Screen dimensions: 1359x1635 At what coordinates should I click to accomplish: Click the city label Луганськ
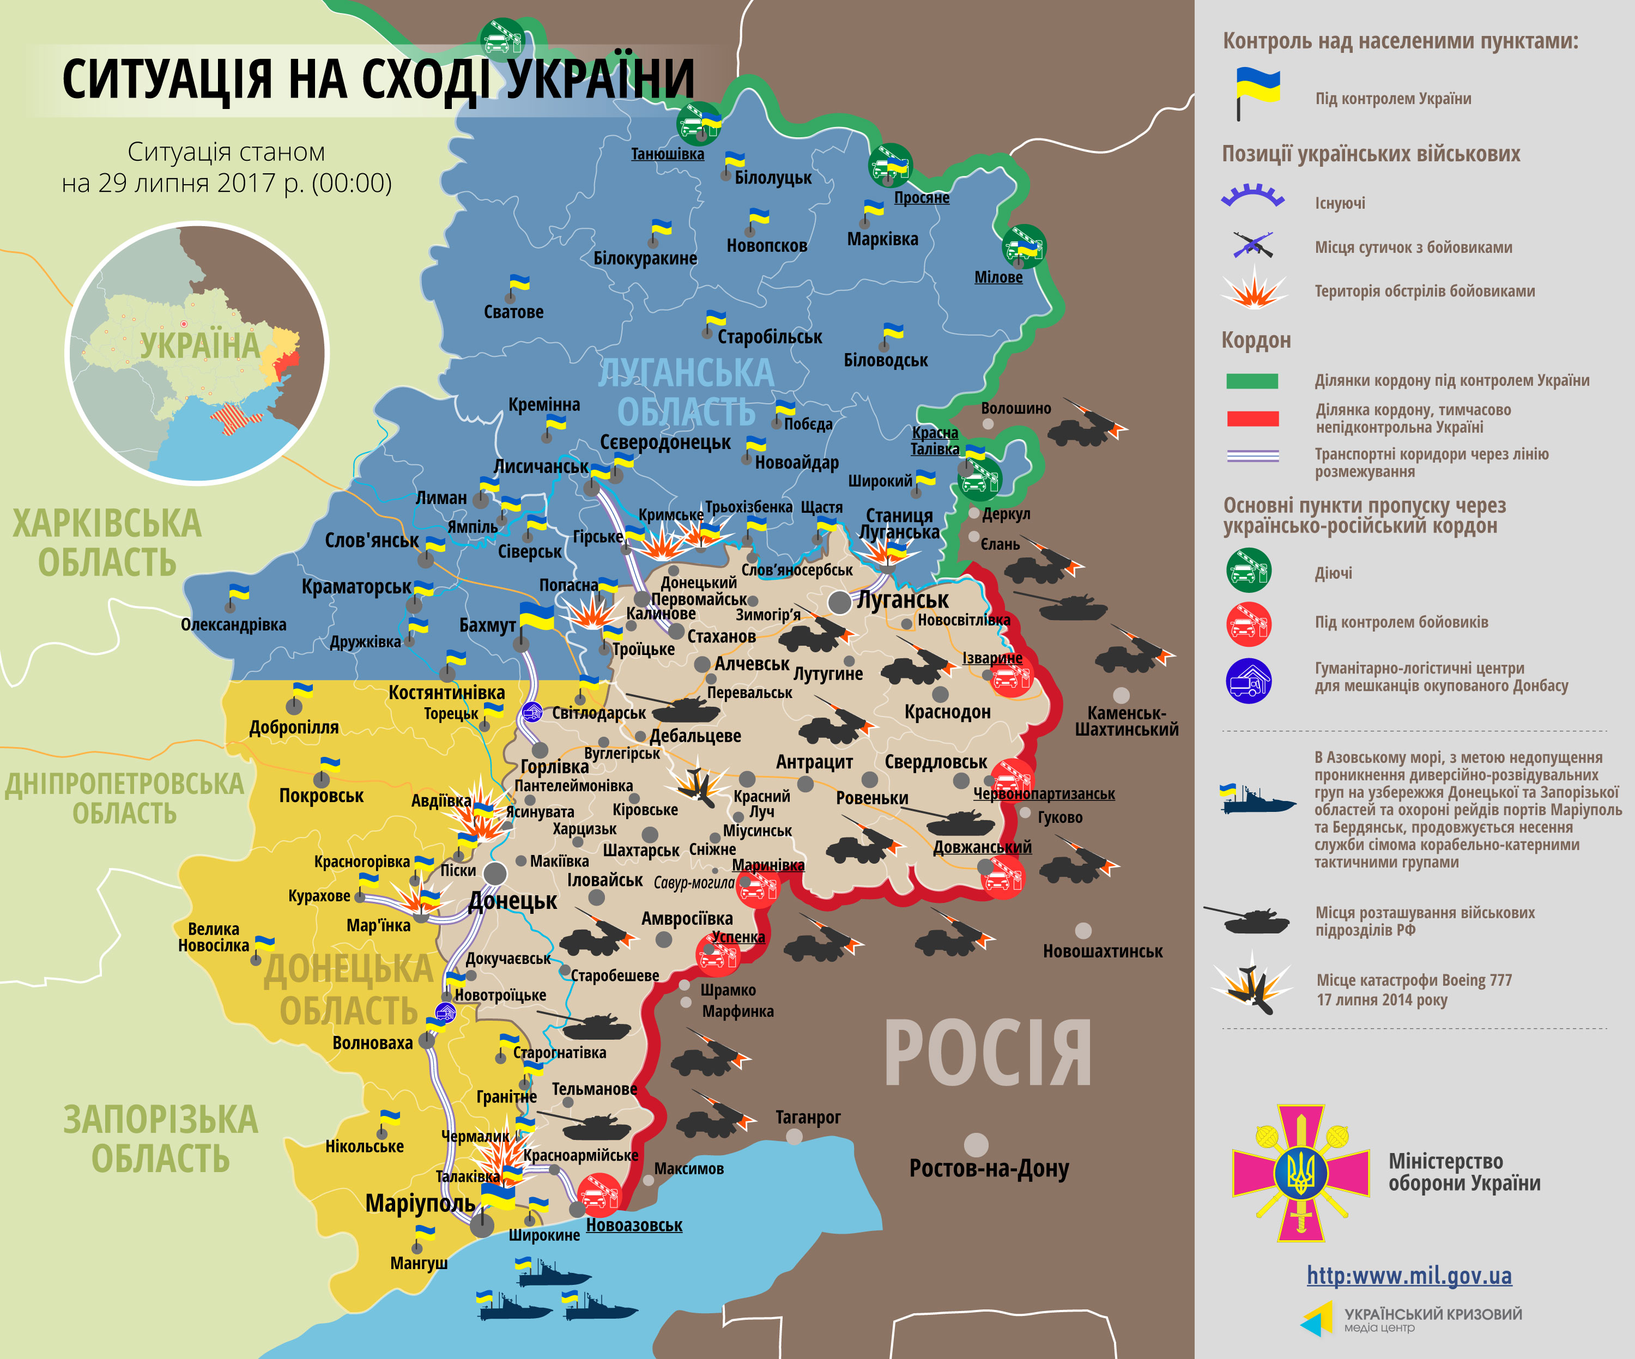tap(903, 599)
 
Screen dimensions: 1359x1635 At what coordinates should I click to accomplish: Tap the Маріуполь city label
tap(420, 1203)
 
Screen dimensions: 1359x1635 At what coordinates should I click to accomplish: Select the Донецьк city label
tap(512, 901)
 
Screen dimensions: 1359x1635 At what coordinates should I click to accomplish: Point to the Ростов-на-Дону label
tap(989, 1168)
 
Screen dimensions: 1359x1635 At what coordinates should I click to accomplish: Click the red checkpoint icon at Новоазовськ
tap(599, 1195)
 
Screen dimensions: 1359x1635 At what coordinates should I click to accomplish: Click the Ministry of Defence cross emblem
tap(1300, 1172)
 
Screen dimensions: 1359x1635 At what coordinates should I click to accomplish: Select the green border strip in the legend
tap(1252, 380)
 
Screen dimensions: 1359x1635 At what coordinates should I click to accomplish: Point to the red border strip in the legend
tap(1252, 418)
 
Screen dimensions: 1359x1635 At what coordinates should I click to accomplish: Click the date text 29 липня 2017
tap(226, 183)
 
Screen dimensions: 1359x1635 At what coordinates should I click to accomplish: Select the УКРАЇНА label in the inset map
tap(199, 345)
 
